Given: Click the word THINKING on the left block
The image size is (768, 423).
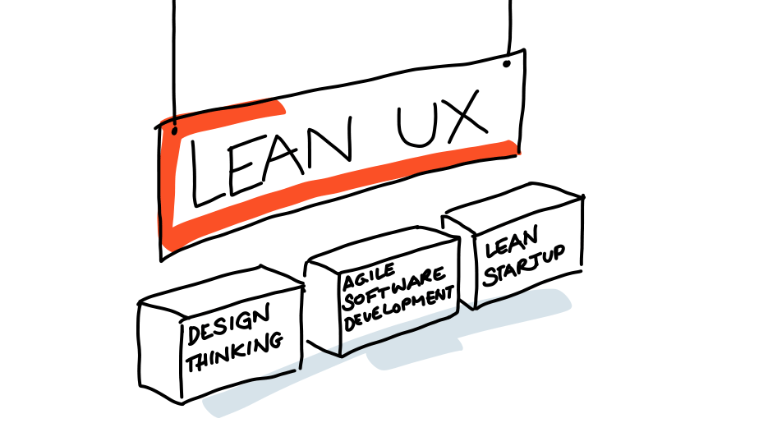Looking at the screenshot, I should (234, 352).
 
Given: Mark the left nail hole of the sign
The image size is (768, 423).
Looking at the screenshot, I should (175, 130).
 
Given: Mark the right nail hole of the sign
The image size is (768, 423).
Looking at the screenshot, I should (506, 62).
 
